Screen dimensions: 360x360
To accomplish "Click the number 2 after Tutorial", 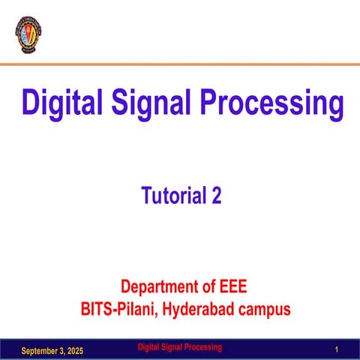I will pos(217,196).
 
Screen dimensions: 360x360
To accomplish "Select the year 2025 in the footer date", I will pos(74,351).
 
